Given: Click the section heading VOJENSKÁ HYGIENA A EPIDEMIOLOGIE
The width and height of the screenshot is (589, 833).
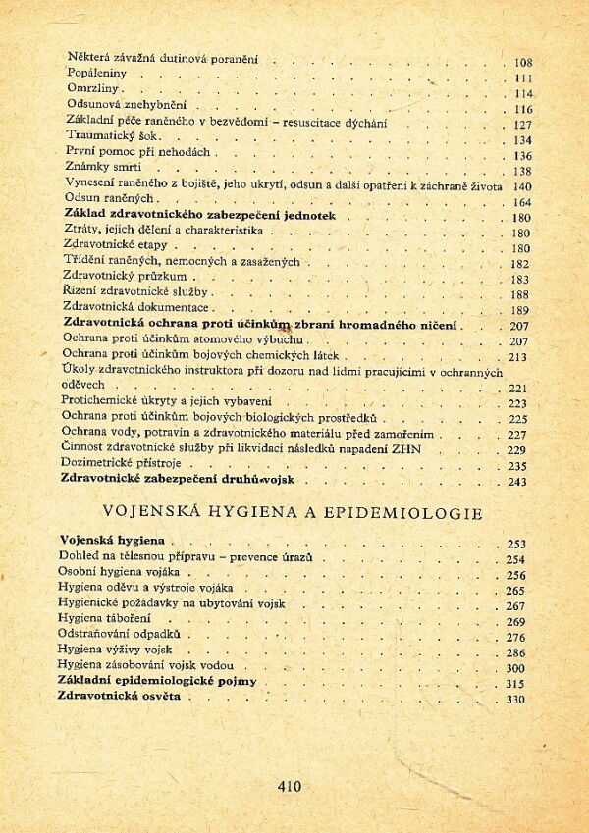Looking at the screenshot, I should [292, 512].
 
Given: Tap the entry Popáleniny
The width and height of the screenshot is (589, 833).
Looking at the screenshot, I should [95, 74].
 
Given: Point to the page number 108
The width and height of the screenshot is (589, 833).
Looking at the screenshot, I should [522, 62].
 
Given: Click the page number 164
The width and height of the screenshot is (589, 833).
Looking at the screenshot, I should [521, 202].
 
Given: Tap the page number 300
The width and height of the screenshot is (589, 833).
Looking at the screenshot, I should [516, 667].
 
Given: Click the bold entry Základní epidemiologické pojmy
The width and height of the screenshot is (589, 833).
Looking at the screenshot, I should [158, 680].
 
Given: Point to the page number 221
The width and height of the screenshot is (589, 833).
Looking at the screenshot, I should [518, 388].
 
